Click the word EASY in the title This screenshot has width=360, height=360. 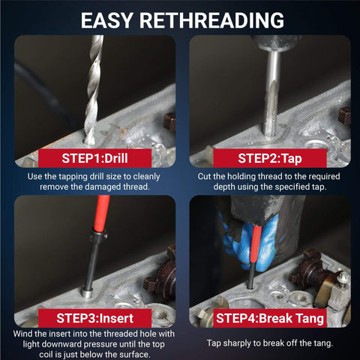click(x=106, y=20)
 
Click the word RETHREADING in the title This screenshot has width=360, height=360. click(x=211, y=20)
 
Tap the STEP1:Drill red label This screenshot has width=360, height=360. click(x=94, y=158)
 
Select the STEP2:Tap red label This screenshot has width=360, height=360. click(x=270, y=158)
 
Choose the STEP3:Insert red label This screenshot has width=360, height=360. click(x=94, y=318)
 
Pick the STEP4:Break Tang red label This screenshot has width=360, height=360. click(x=270, y=318)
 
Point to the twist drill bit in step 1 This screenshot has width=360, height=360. click(x=93, y=90)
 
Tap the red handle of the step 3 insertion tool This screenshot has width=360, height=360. click(x=102, y=212)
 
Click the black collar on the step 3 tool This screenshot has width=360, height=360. click(x=99, y=235)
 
